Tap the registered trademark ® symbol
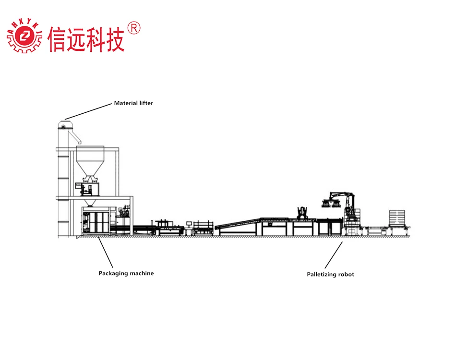click(135, 29)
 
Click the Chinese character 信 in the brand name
click(58, 38)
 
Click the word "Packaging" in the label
click(114, 274)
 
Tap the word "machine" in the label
click(142, 274)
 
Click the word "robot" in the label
click(347, 275)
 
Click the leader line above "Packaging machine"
click(105, 252)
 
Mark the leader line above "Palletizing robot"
click(334, 255)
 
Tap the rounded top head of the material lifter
click(62, 125)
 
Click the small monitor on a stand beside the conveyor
click(191, 223)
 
